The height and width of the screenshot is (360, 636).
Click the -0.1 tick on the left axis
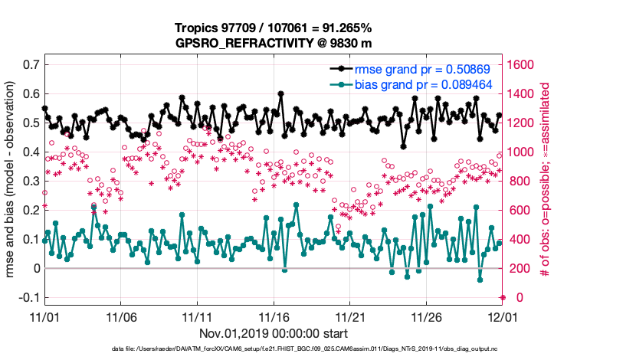(x=28, y=297)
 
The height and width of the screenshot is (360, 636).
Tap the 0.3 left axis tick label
(x=30, y=181)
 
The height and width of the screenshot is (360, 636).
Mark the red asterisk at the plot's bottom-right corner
(x=503, y=297)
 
